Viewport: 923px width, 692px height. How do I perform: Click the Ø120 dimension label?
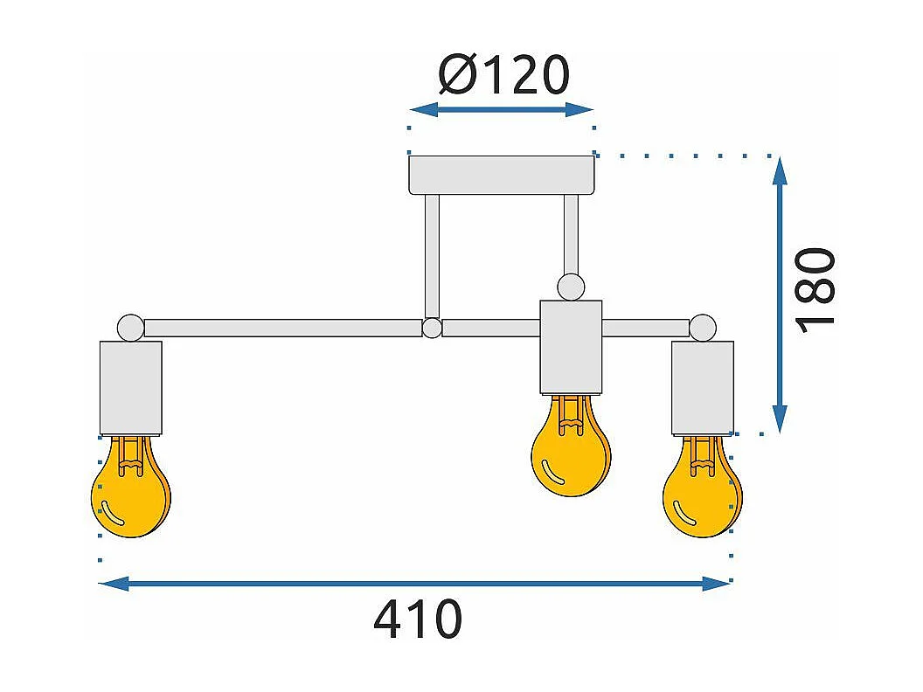[x=503, y=75]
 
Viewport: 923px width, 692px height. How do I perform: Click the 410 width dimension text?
[x=418, y=619]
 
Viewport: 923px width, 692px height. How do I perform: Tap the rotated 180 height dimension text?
[x=817, y=288]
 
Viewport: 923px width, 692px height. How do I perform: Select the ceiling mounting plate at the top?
[x=502, y=175]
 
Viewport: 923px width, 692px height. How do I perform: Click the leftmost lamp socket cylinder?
[x=131, y=387]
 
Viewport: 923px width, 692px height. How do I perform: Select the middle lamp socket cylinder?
[x=571, y=347]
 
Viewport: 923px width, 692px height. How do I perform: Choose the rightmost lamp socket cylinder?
[x=702, y=387]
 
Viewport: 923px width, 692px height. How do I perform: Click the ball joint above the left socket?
[x=131, y=327]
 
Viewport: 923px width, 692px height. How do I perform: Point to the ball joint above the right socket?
[x=702, y=328]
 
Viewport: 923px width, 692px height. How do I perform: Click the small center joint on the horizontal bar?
[x=432, y=329]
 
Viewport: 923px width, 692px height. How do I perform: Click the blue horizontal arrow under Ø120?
[x=502, y=110]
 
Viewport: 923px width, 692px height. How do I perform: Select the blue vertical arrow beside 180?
[x=781, y=295]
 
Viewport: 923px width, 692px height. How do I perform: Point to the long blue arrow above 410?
[x=414, y=584]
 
